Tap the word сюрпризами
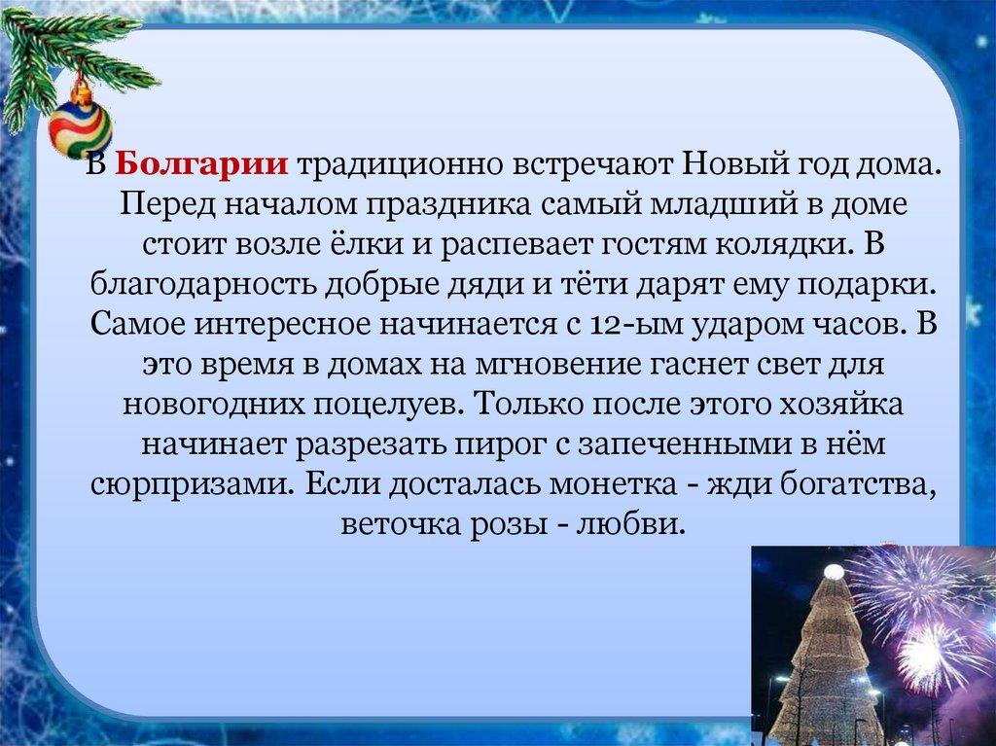click(x=192, y=483)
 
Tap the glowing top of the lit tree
click(x=834, y=573)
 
